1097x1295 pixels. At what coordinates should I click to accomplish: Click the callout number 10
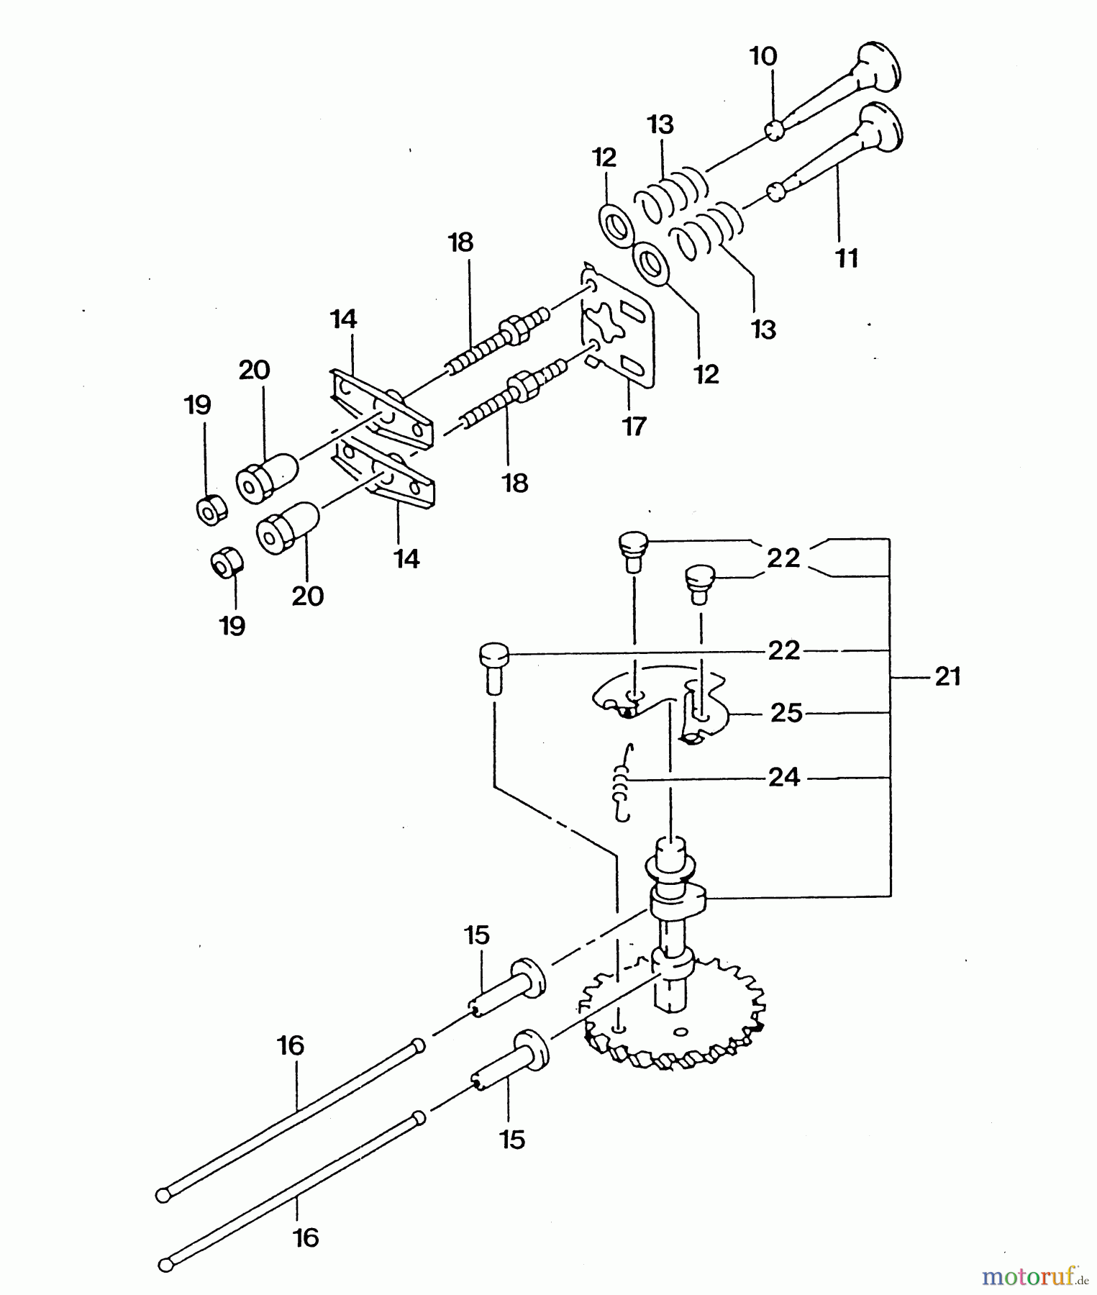pos(764,56)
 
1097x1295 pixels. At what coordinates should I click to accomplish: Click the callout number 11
pos(847,258)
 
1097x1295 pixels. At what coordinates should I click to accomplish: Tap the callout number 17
pos(634,426)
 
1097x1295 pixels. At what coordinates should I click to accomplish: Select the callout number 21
pos(947,676)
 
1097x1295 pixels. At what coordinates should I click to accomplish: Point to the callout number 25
pos(786,713)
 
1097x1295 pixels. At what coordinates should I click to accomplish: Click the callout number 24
pos(784,777)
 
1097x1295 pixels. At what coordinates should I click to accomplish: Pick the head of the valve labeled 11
pos(880,125)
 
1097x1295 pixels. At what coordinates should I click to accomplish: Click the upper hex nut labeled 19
pos(211,511)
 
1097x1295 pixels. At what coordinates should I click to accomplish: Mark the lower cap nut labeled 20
pos(287,527)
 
